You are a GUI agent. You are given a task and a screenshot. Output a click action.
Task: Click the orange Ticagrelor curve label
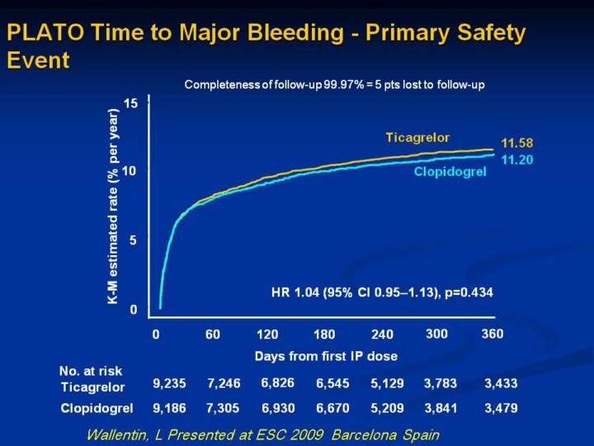tap(422, 136)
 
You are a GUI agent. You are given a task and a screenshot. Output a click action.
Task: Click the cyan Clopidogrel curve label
tap(450, 172)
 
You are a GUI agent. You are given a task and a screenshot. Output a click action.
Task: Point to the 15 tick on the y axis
tap(130, 103)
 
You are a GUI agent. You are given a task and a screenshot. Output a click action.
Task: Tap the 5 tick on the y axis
tap(133, 240)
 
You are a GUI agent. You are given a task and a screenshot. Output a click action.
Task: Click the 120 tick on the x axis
tap(267, 334)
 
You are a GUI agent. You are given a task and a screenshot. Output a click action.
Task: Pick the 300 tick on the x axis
tap(436, 334)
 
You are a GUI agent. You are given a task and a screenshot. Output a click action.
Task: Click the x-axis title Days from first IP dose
tap(326, 356)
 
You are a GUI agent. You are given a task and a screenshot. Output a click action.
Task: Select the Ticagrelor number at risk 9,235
tap(169, 383)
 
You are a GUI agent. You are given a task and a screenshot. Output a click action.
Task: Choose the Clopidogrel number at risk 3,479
tap(501, 408)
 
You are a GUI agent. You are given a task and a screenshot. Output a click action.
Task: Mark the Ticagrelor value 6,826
tap(278, 382)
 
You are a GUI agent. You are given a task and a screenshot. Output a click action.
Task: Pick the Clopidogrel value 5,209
tap(388, 408)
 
